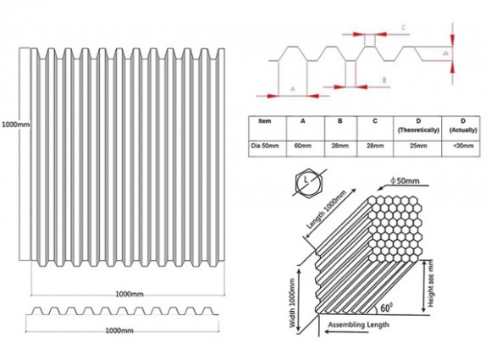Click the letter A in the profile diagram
pyautogui.click(x=292, y=88)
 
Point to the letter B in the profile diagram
pyautogui.click(x=384, y=80)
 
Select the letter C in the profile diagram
pyautogui.click(x=403, y=28)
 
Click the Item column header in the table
pyautogui.click(x=266, y=121)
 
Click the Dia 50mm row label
pyautogui.click(x=266, y=146)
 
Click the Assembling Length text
pyautogui.click(x=360, y=324)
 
